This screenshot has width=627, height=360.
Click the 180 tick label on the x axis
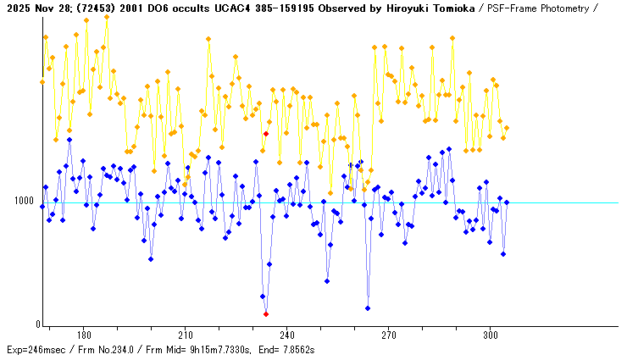pyautogui.click(x=84, y=335)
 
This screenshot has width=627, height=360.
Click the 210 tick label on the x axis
pyautogui.click(x=186, y=335)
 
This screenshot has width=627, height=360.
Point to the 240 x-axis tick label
pyautogui.click(x=287, y=335)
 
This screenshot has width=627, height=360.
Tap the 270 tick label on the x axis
pyautogui.click(x=389, y=335)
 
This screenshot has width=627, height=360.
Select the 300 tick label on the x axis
pyautogui.click(x=491, y=335)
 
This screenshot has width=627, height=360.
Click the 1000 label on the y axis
pyautogui.click(x=22, y=202)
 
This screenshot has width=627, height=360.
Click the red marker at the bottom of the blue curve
pyautogui.click(x=266, y=314)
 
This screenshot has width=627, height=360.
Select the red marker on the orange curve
pyautogui.click(x=266, y=134)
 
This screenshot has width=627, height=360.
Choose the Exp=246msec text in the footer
pyautogui.click(x=36, y=350)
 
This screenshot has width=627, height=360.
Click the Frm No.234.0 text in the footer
pyautogui.click(x=112, y=350)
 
